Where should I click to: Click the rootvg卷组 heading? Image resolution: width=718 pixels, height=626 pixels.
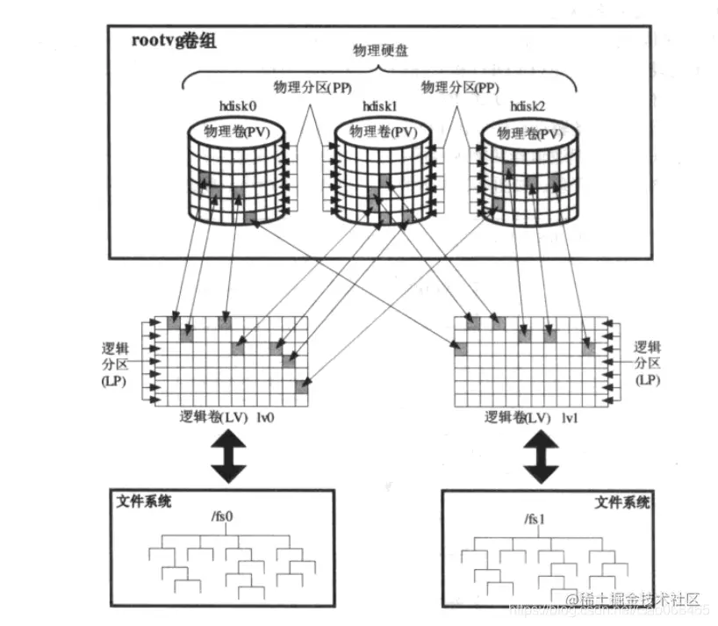[164, 40]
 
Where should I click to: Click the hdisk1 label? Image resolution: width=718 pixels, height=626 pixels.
[381, 106]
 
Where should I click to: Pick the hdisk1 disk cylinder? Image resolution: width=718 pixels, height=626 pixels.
[382, 171]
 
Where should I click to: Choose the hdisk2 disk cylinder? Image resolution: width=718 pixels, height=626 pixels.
[530, 171]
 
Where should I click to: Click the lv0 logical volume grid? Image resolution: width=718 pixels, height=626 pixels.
[236, 361]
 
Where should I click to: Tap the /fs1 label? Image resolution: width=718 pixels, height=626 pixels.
[535, 518]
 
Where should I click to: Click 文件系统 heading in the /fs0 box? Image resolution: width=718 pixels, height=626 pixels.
[144, 501]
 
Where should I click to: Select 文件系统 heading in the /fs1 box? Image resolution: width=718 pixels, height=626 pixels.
[622, 502]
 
